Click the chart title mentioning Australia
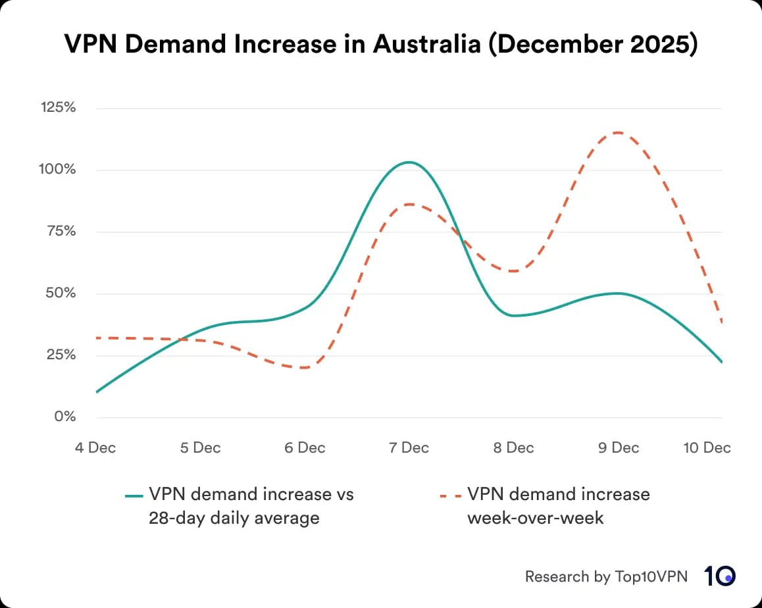[x=380, y=44]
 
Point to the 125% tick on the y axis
[x=59, y=107]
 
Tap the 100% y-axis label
[x=59, y=169]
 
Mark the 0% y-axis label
[x=63, y=417]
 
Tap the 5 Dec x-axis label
[x=200, y=448]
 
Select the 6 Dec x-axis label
[x=305, y=448]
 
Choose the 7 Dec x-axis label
[x=409, y=448]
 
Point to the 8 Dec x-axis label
[x=513, y=448]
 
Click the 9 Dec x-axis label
[x=618, y=448]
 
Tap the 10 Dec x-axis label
[x=707, y=448]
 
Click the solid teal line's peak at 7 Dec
[x=409, y=162]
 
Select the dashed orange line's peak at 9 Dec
[x=617, y=132]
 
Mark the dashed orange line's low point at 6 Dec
[x=305, y=368]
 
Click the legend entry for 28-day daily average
[x=240, y=506]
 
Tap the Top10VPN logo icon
[x=720, y=576]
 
